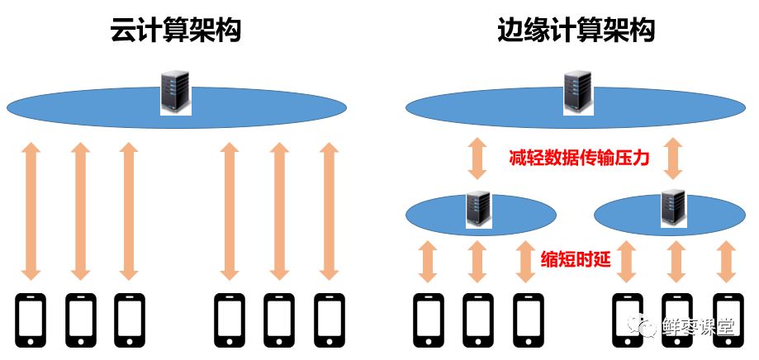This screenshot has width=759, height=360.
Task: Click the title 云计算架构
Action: (x=176, y=31)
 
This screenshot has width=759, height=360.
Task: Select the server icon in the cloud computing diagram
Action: (x=176, y=92)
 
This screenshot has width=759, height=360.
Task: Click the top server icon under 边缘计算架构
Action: (x=577, y=92)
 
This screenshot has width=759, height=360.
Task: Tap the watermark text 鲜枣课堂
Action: (x=697, y=328)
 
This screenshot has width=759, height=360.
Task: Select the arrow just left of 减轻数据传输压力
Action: (x=477, y=159)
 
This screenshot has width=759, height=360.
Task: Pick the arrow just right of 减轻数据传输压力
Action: (x=674, y=159)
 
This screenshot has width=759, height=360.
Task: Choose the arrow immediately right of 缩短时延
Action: (x=626, y=262)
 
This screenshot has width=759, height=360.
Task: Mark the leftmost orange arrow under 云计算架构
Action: (x=31, y=211)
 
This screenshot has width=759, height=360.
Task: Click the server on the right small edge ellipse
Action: (x=674, y=209)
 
